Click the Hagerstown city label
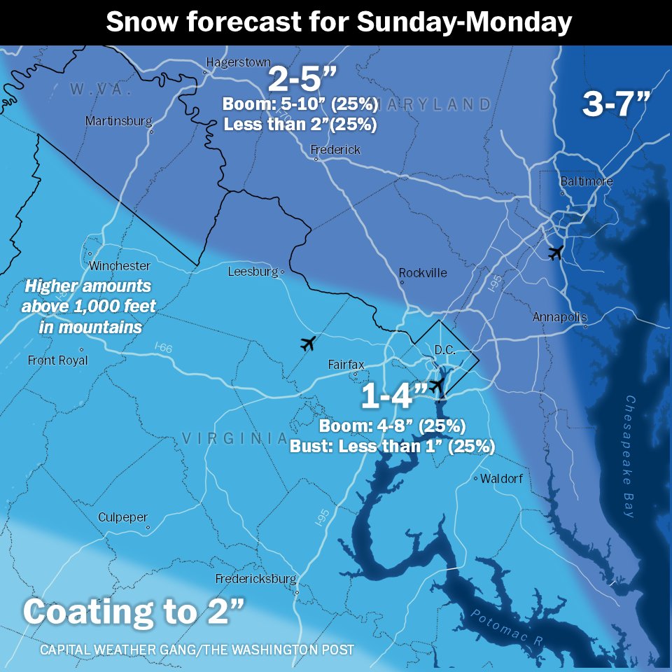click(x=237, y=62)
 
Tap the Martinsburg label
click(x=118, y=121)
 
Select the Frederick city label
click(x=336, y=150)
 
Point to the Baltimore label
click(x=587, y=181)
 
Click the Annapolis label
click(x=560, y=317)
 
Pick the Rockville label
click(x=423, y=273)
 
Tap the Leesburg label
click(x=253, y=272)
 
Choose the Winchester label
click(x=119, y=266)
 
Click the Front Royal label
click(x=58, y=360)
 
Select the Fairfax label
click(x=346, y=365)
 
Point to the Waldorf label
click(x=501, y=479)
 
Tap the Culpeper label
click(x=123, y=517)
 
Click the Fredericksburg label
click(x=256, y=579)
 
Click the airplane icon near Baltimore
click(x=556, y=253)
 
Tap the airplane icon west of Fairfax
click(x=307, y=344)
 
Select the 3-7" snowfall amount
click(x=616, y=105)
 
